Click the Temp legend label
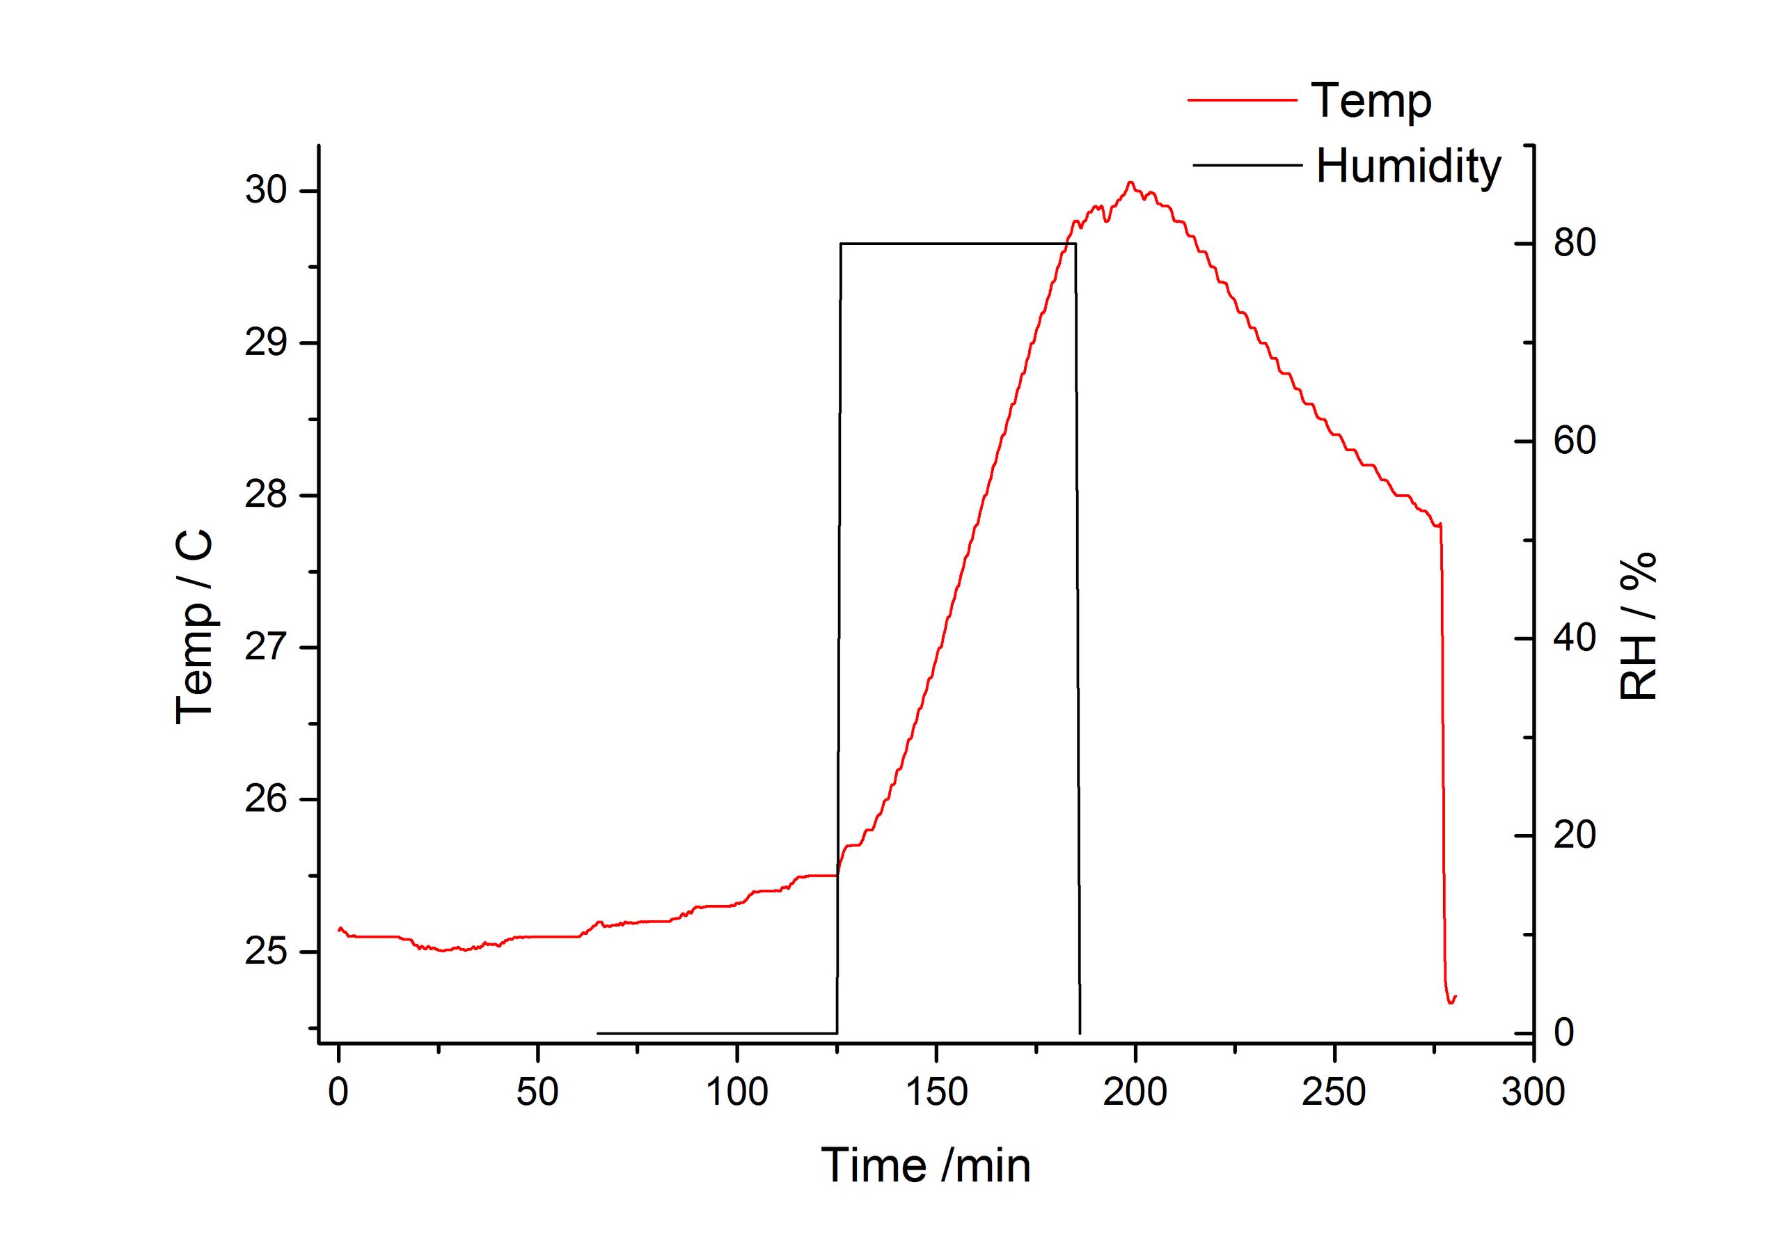click(1371, 102)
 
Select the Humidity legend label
click(1409, 166)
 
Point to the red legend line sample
click(1242, 100)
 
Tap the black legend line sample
click(1247, 165)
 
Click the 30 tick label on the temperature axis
click(266, 191)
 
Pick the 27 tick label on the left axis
click(266, 648)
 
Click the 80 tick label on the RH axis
click(1574, 244)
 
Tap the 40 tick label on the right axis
click(1574, 638)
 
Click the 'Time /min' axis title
click(925, 1166)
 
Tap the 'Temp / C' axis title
click(194, 627)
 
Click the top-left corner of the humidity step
click(842, 244)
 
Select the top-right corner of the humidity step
click(1075, 244)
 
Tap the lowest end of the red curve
click(1450, 1003)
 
